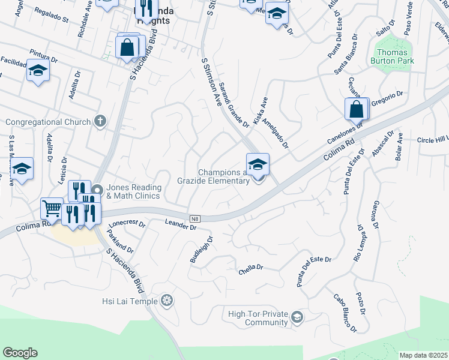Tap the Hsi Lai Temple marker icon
pyautogui.click(x=167, y=301)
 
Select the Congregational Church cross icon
pyautogui.click(x=100, y=122)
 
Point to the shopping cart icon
pyautogui.click(x=52, y=208)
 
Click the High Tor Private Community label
pyautogui.click(x=258, y=318)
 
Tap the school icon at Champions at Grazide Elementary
pyautogui.click(x=257, y=163)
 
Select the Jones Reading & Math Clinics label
pyautogui.click(x=133, y=192)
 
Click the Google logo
pyautogui.click(x=20, y=353)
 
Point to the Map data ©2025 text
pyautogui.click(x=423, y=355)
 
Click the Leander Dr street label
pyautogui.click(x=181, y=225)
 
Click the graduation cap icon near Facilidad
pyautogui.click(x=38, y=71)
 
